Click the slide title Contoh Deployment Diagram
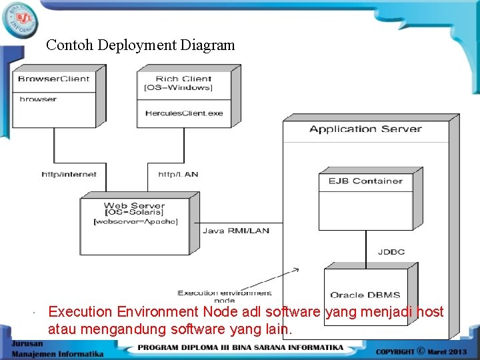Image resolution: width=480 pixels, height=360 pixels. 141,45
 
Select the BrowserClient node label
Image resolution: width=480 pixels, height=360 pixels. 53,79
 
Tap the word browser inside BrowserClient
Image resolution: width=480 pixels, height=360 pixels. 38,99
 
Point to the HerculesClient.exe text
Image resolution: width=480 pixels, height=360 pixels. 184,113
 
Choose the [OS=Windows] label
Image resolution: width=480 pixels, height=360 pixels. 178,88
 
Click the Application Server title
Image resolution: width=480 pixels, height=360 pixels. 365,129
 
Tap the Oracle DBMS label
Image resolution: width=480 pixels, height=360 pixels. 365,295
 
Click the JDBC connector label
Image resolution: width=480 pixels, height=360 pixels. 391,252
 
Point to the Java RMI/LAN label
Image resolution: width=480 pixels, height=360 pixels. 235,231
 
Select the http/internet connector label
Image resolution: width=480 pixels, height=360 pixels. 69,175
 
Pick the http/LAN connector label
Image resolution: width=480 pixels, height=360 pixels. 178,175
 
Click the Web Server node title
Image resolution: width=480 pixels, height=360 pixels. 134,206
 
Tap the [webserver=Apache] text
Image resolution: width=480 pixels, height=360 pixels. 135,221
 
